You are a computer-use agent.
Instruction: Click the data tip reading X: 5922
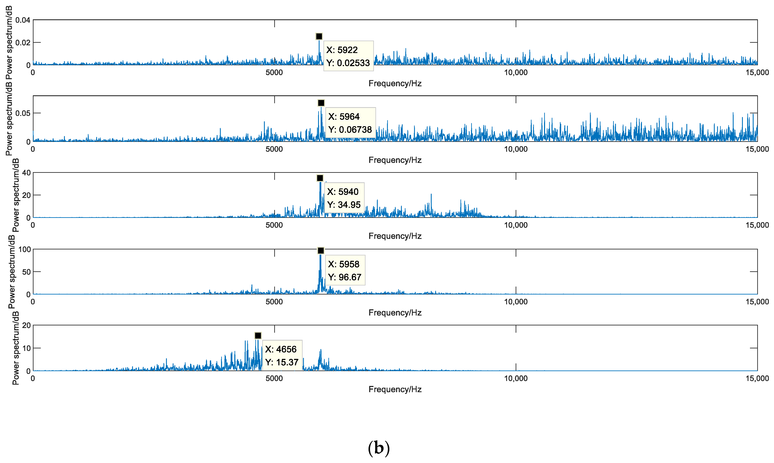tap(348, 56)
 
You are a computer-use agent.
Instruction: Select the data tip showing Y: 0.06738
tap(350, 123)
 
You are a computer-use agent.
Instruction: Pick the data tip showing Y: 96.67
tap(345, 270)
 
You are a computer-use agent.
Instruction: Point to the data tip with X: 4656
tap(282, 355)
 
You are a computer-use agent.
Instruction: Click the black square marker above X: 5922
tap(319, 36)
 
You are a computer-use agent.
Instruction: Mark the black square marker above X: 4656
tap(258, 336)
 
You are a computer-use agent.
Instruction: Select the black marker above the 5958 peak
tap(320, 250)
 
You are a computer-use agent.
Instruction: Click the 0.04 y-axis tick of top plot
tap(23, 20)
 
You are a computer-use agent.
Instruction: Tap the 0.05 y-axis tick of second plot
tap(23, 113)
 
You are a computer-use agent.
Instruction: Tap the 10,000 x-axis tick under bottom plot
tap(516, 378)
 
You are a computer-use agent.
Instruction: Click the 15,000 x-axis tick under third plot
tap(757, 225)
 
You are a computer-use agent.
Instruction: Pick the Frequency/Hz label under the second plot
tap(395, 160)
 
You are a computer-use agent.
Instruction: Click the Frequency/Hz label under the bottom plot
tap(395, 389)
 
